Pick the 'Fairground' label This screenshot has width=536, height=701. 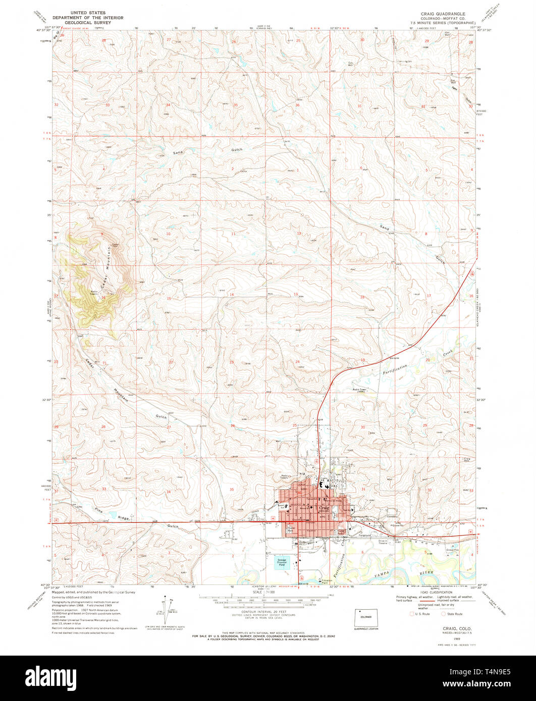tap(364, 535)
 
